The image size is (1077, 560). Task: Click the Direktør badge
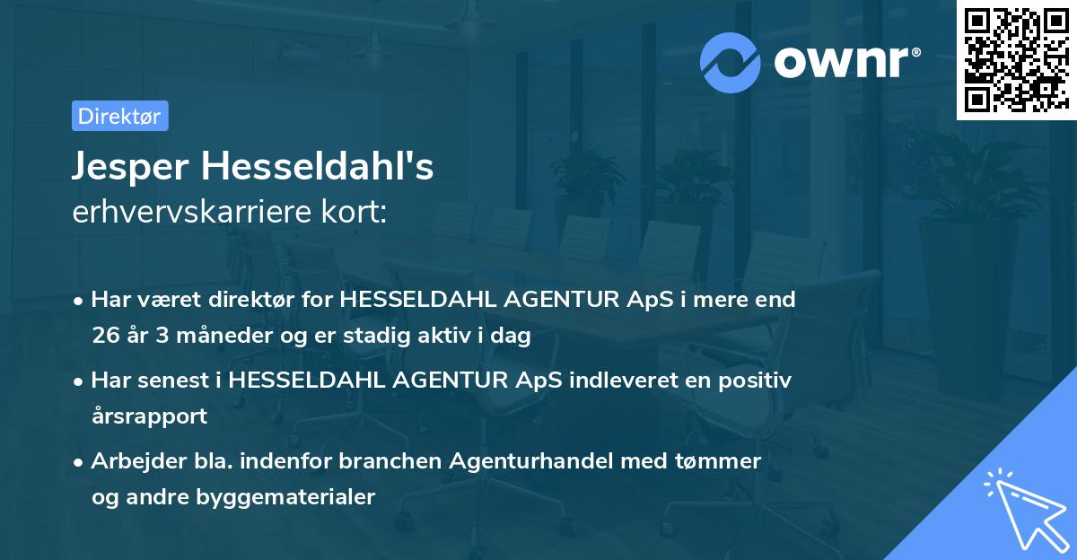point(119,116)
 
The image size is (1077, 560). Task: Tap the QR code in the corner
point(1016,59)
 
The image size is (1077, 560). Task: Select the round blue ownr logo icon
point(730,62)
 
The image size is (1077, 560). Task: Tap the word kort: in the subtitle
point(357,212)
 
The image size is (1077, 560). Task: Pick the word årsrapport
point(149,416)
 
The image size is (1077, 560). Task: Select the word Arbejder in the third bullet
point(131,461)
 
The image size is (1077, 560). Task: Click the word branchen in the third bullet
point(410,461)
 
